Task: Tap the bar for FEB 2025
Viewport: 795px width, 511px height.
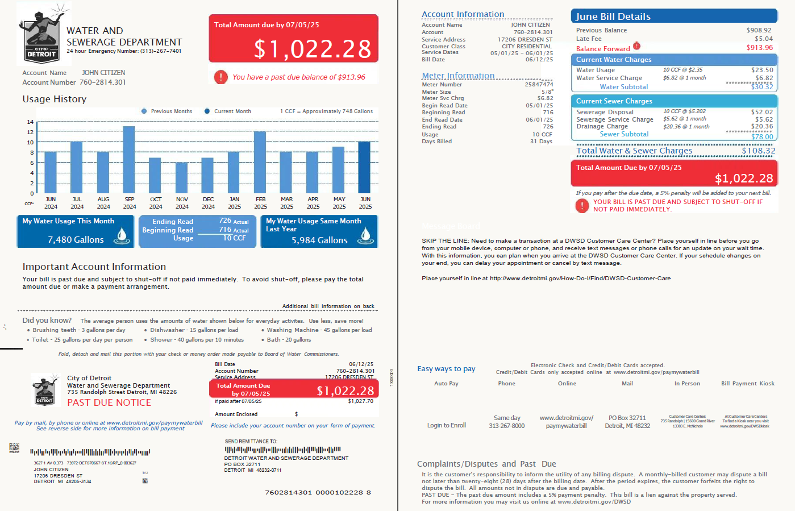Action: (260, 163)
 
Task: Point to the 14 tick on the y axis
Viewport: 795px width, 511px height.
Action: (30, 122)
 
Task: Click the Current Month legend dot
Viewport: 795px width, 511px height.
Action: (207, 111)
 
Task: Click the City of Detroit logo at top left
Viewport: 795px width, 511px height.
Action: (42, 35)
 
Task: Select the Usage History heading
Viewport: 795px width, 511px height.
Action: (55, 99)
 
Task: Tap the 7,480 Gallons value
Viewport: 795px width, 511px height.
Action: (76, 240)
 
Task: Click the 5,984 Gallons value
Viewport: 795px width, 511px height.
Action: (319, 240)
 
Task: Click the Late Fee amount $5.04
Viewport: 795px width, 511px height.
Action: (763, 39)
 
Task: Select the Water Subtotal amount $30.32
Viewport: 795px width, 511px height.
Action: (761, 87)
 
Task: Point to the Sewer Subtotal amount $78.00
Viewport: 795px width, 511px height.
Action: (761, 136)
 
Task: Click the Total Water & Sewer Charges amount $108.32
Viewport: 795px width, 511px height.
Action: (758, 151)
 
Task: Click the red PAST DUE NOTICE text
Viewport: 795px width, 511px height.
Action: (109, 402)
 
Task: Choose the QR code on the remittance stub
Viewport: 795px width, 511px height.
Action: (14, 448)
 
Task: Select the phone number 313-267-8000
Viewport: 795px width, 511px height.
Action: (506, 426)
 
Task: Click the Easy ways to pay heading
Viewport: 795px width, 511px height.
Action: (446, 369)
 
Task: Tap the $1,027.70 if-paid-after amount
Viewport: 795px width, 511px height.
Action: (360, 401)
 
